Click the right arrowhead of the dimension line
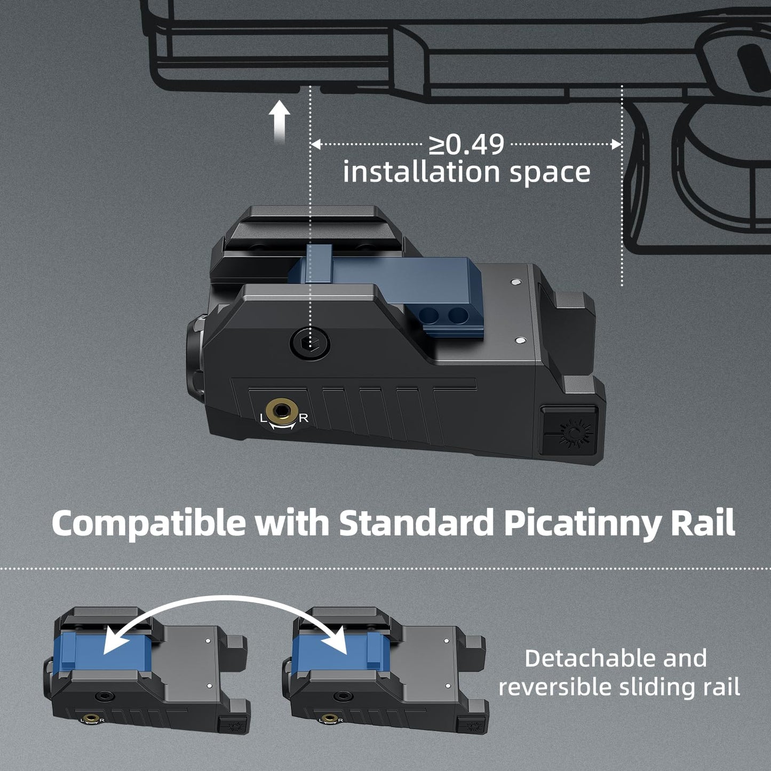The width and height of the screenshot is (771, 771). [618, 145]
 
